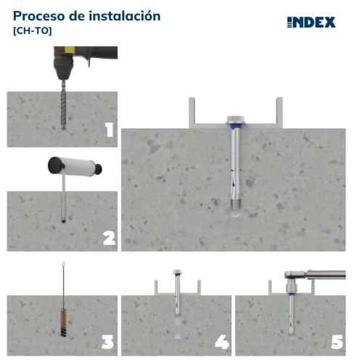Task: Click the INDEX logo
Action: pyautogui.click(x=311, y=22)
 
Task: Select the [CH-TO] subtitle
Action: pyautogui.click(x=33, y=31)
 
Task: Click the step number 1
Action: pyautogui.click(x=109, y=129)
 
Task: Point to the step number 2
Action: pyautogui.click(x=109, y=238)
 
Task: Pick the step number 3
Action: pyautogui.click(x=107, y=342)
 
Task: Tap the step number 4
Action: pyautogui.click(x=222, y=342)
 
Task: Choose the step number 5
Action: pyautogui.click(x=337, y=342)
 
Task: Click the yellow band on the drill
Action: pyautogui.click(x=70, y=50)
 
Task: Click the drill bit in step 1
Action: pyautogui.click(x=63, y=105)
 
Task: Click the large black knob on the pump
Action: pyautogui.click(x=56, y=165)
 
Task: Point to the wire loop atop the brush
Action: pyautogui.click(x=63, y=264)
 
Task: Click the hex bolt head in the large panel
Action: pyautogui.click(x=236, y=119)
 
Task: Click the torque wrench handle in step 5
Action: pyautogui.click(x=327, y=275)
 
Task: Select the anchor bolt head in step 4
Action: pyautogui.click(x=177, y=271)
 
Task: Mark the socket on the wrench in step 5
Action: pyautogui.click(x=291, y=286)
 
